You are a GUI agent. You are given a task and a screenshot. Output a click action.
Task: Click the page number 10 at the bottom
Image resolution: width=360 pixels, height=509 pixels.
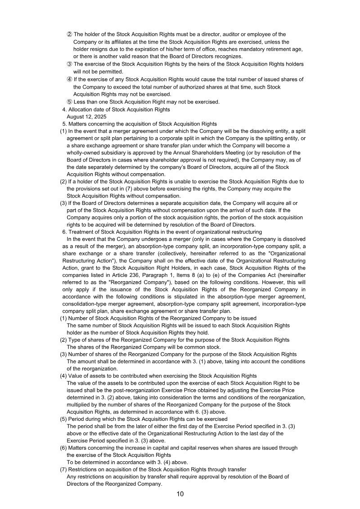coord(180,494)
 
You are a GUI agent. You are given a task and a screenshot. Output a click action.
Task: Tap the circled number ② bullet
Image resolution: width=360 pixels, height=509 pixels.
coord(70,34)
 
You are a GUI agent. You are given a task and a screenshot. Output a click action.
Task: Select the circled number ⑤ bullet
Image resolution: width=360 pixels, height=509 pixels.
coord(70,102)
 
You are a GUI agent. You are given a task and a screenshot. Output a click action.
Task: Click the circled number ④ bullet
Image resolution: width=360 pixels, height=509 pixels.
coord(70,79)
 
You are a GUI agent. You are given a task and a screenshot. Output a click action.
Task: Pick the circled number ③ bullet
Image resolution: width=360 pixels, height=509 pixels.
coord(70,64)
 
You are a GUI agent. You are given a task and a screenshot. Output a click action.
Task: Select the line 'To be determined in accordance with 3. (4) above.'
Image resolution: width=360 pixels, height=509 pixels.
coord(127,462)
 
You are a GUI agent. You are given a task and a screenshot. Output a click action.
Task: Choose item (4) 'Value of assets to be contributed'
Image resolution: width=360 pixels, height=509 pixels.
coord(158,376)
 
